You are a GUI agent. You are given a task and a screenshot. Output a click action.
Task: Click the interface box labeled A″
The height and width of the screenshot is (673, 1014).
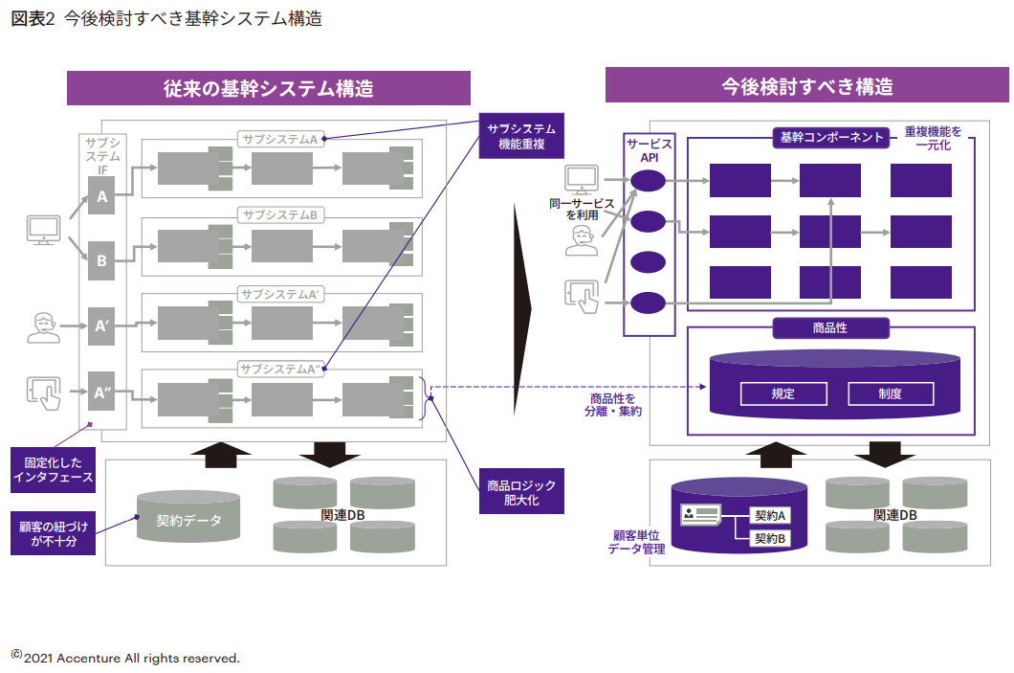(x=102, y=392)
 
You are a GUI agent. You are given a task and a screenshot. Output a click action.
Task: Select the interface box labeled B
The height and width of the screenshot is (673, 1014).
(x=102, y=259)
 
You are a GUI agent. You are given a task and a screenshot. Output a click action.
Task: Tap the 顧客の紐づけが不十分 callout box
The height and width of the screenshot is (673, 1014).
(x=54, y=533)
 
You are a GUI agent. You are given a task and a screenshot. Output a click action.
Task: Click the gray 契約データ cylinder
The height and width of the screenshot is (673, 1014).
(x=188, y=520)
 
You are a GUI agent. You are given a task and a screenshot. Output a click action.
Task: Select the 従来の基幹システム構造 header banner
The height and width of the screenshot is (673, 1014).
(x=268, y=88)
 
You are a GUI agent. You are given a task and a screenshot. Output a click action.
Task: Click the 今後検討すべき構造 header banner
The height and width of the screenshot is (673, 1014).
(x=806, y=87)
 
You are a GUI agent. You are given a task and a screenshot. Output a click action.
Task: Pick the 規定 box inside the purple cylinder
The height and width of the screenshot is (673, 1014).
(x=783, y=393)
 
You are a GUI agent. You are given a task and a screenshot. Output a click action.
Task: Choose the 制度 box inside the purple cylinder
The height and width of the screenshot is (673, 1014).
(x=891, y=393)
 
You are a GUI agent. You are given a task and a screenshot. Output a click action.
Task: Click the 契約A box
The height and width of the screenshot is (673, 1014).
(x=770, y=516)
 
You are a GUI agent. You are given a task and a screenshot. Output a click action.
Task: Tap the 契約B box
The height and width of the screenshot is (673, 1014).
(x=770, y=538)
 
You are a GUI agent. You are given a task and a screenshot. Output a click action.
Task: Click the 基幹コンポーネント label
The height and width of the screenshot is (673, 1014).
(x=831, y=137)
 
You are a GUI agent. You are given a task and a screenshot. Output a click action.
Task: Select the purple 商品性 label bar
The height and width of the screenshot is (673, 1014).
(x=829, y=327)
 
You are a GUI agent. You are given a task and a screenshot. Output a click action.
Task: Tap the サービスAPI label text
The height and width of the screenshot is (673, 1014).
(x=650, y=150)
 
